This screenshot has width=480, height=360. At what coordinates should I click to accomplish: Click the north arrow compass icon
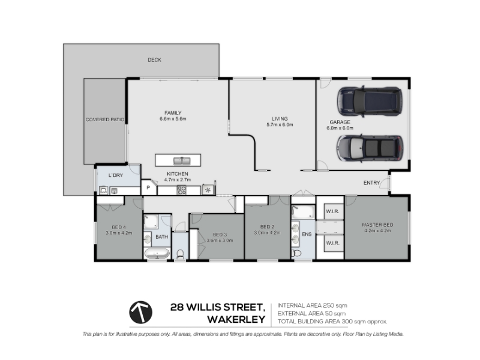pyautogui.click(x=140, y=312)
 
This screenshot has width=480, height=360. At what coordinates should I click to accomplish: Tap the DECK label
pyautogui.click(x=154, y=60)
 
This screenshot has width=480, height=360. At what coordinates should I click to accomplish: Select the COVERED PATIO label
pyautogui.click(x=104, y=119)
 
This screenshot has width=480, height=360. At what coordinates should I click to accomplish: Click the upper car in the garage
pyautogui.click(x=370, y=101)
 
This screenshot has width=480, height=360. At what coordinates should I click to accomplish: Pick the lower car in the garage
pyautogui.click(x=370, y=148)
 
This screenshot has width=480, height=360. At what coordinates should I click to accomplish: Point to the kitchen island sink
pyautogui.click(x=182, y=161)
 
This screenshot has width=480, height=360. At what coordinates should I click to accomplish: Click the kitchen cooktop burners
pyautogui.click(x=181, y=190)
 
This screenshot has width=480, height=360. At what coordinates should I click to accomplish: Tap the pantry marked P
pyautogui.click(x=148, y=188)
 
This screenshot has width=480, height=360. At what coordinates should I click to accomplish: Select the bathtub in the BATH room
pyautogui.click(x=157, y=253)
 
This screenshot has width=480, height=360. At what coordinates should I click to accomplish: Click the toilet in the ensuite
pyautogui.click(x=296, y=253)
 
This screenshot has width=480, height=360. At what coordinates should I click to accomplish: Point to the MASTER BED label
pyautogui.click(x=377, y=224)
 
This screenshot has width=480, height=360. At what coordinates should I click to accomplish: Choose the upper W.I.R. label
pyautogui.click(x=332, y=211)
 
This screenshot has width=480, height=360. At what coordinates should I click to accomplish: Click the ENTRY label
pyautogui.click(x=371, y=183)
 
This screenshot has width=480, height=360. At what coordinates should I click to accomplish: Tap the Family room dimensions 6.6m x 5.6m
pyautogui.click(x=173, y=119)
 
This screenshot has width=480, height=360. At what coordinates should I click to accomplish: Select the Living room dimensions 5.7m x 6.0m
pyautogui.click(x=280, y=125)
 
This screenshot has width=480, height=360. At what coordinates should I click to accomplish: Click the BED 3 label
pyautogui.click(x=220, y=235)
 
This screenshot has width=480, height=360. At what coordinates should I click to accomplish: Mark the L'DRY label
pyautogui.click(x=116, y=175)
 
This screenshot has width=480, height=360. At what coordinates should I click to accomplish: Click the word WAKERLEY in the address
pyautogui.click(x=236, y=320)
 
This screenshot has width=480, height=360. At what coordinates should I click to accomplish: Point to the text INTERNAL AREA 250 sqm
pyautogui.click(x=312, y=305)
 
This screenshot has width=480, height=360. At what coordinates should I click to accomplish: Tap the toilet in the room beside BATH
pyautogui.click(x=181, y=254)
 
